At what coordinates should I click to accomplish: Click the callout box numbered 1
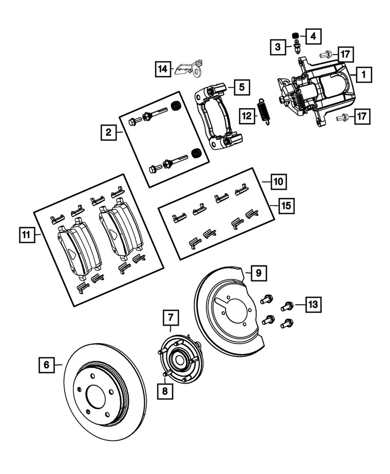point(363,74)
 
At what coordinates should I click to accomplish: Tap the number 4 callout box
point(312,35)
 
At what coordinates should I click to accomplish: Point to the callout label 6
point(46,365)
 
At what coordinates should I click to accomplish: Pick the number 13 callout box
point(312,303)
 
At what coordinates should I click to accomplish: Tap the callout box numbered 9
point(258,273)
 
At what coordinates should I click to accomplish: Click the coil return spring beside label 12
point(262,112)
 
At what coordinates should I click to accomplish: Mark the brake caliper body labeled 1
point(322,92)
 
